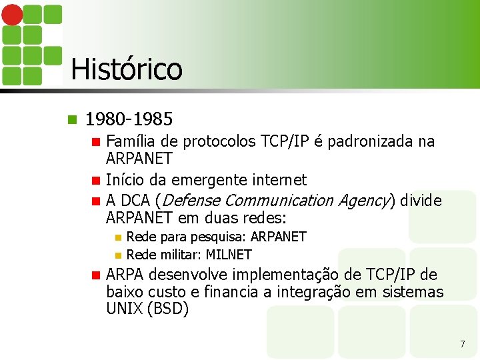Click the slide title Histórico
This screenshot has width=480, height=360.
coord(126,69)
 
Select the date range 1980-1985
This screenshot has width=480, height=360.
coord(129,119)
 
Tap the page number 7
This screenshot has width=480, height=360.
coord(462,344)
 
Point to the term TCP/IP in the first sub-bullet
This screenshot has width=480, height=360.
coord(283,141)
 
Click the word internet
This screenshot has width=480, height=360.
coord(281,180)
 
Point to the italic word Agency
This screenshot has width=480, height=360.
coord(364,201)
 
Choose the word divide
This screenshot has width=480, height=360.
coord(421,201)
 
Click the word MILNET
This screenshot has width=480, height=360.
coord(229,255)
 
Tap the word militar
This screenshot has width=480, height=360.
coord(179,255)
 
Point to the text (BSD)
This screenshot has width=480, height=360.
coord(167,309)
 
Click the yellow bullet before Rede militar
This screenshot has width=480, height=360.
coord(118,255)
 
